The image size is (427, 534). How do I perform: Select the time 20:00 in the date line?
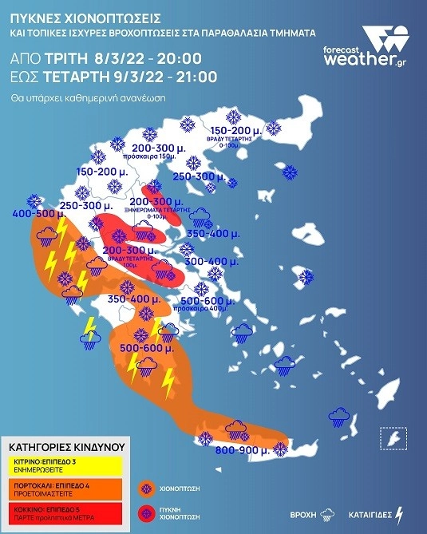coord(180,59)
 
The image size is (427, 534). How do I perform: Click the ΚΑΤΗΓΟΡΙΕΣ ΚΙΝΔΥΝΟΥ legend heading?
coord(63,449)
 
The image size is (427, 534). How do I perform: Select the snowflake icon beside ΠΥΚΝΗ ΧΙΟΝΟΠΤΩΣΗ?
coord(145,512)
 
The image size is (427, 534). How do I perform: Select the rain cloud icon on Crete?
coord(235,429)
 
